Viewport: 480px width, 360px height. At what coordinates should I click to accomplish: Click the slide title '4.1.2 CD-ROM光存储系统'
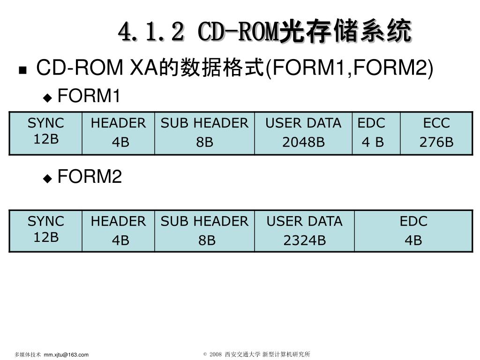click(265, 32)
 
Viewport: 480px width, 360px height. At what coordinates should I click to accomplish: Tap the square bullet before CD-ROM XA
click(22, 71)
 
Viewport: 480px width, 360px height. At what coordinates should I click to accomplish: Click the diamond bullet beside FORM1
click(47, 98)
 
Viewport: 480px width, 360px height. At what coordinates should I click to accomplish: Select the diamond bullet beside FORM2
click(47, 178)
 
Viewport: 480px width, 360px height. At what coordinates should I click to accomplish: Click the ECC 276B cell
click(436, 133)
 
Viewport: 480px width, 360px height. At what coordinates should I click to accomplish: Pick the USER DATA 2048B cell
click(303, 133)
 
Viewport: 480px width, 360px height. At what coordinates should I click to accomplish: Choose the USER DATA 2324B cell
click(304, 231)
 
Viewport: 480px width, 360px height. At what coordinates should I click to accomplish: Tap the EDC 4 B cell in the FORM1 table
click(376, 133)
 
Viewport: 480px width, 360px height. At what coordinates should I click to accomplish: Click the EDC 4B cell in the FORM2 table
click(413, 231)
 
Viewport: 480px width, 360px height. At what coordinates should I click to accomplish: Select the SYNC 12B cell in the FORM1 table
click(45, 133)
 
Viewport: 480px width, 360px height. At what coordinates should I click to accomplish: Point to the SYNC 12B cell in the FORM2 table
click(45, 231)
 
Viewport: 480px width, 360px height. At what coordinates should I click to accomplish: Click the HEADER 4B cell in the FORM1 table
click(118, 133)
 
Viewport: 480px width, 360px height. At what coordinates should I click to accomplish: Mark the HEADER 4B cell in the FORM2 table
click(118, 231)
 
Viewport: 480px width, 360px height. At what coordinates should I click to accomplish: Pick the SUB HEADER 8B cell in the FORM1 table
click(204, 133)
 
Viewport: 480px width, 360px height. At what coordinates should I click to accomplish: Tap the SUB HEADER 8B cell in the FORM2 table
click(204, 231)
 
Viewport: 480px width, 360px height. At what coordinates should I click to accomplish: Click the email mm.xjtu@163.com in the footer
click(66, 355)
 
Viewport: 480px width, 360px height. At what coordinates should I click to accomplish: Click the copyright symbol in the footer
click(205, 355)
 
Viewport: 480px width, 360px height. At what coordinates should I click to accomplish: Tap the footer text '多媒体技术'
click(28, 355)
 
